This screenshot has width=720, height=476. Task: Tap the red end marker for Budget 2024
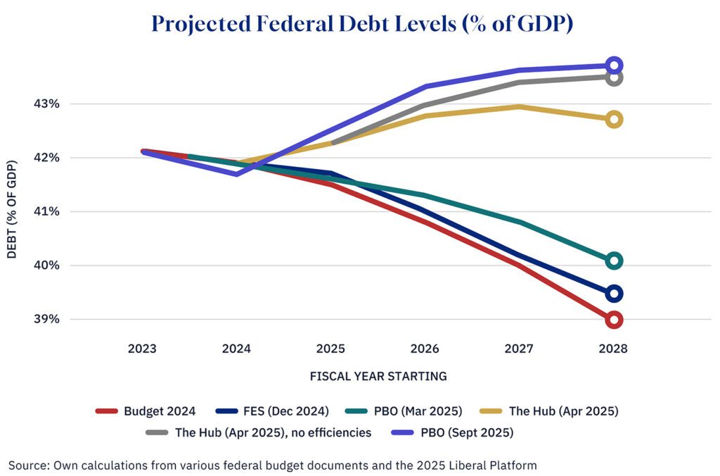613,320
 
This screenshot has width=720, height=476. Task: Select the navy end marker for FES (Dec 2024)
613,294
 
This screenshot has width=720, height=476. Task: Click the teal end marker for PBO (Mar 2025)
613,261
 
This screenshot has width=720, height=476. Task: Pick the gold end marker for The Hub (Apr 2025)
613,119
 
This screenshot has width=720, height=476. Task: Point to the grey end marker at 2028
613,77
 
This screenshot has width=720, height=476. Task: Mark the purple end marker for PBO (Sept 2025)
613,65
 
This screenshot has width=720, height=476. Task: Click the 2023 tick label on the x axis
143,349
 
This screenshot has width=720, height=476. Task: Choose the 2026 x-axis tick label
425,349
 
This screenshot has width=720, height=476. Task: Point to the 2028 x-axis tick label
613,349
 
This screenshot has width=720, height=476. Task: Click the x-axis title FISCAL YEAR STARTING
378,376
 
